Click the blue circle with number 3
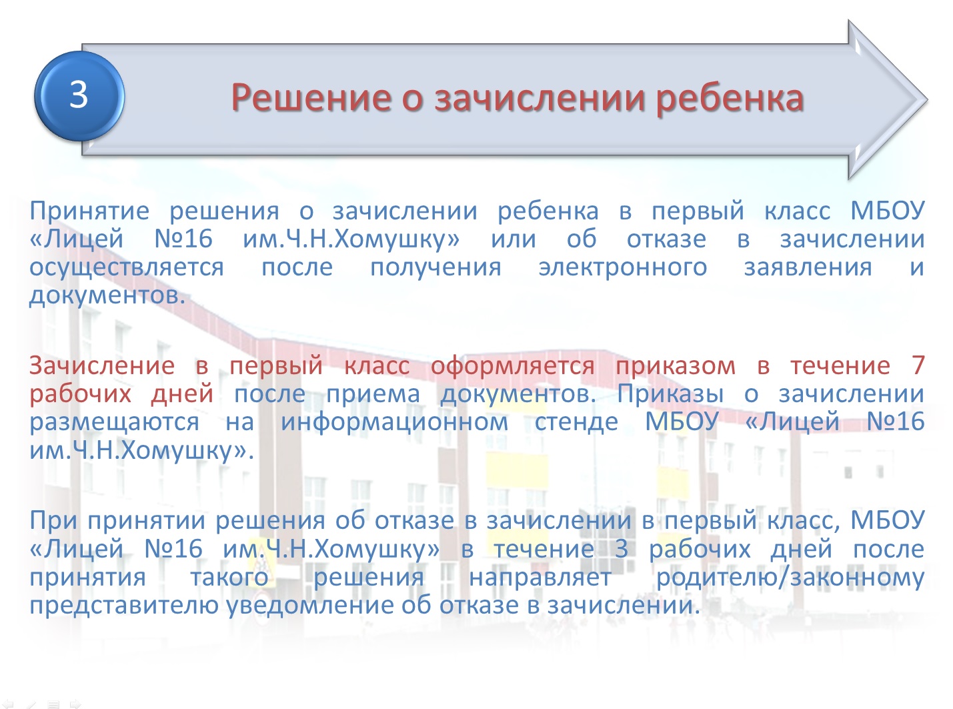79,96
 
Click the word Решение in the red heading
311,98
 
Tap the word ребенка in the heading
730,98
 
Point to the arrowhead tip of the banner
927,99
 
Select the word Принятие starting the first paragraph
89,211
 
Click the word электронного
623,267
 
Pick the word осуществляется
127,268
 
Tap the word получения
435,267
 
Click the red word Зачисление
102,366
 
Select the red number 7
918,366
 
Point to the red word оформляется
513,367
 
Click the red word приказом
676,367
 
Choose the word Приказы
671,394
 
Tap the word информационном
394,422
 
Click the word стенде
576,422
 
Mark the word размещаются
114,423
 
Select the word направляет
540,578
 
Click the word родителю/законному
790,578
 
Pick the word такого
229,578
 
